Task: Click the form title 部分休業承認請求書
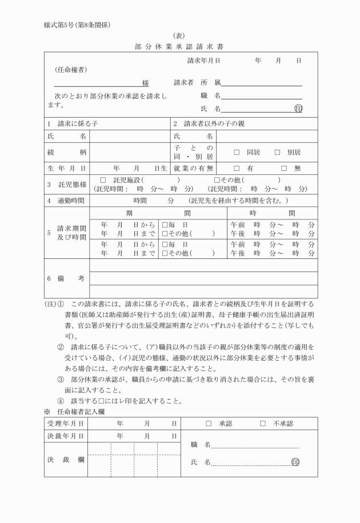click(180, 46)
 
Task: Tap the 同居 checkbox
click(237, 153)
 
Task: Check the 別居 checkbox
click(278, 153)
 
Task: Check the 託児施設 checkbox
click(103, 181)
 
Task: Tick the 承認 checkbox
click(209, 424)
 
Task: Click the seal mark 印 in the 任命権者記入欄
click(295, 462)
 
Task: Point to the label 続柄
click(67, 153)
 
